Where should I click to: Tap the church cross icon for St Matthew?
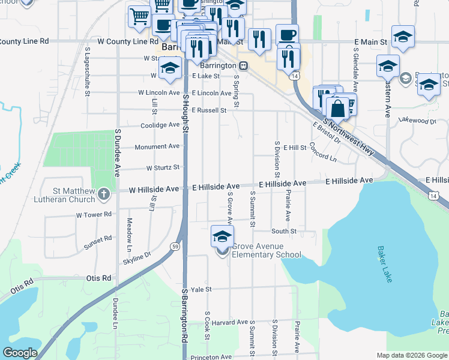pos(104,194)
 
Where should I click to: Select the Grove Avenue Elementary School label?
pos(266,251)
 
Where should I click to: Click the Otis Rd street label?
pos(99,278)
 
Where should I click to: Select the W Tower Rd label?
pos(94,214)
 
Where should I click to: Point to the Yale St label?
pos(201,289)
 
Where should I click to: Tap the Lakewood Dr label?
pos(417,121)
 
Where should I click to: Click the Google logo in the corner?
pos(20,353)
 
